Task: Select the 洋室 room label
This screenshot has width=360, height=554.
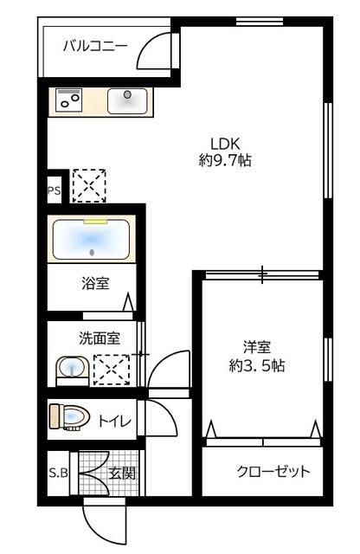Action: pyautogui.click(x=256, y=348)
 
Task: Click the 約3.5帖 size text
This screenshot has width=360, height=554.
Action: pyautogui.click(x=257, y=365)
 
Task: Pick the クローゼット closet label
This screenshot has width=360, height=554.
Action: pyautogui.click(x=273, y=472)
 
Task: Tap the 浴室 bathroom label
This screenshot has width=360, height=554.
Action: pyautogui.click(x=94, y=282)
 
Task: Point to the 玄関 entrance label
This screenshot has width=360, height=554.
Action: pyautogui.click(x=122, y=473)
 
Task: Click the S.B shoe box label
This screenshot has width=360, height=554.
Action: pyautogui.click(x=58, y=473)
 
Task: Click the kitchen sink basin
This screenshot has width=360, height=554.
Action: pyautogui.click(x=127, y=100)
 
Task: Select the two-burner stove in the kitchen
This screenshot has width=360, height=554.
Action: pyautogui.click(x=68, y=100)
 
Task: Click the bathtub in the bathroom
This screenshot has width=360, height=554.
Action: pyautogui.click(x=92, y=240)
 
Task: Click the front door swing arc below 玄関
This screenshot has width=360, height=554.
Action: pyautogui.click(x=104, y=524)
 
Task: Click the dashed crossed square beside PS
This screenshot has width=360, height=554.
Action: pyautogui.click(x=88, y=185)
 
